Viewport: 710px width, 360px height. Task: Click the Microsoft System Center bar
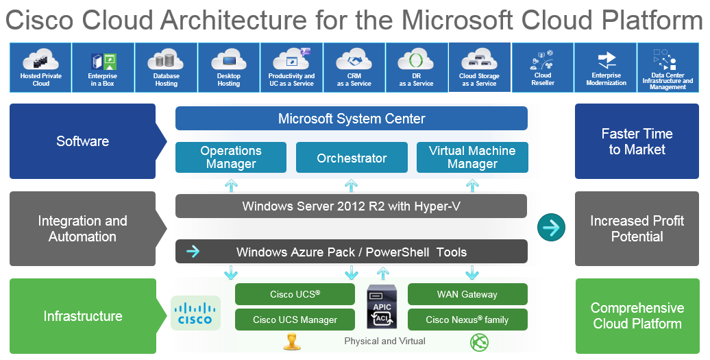[352, 118]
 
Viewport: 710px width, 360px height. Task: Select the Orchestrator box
[352, 158]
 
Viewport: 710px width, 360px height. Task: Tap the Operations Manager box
[231, 158]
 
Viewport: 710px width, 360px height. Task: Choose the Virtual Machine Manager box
[472, 158]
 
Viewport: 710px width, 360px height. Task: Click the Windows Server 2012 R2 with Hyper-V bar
[351, 206]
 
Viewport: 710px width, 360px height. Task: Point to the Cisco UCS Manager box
[295, 320]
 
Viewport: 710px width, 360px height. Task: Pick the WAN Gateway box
[467, 294]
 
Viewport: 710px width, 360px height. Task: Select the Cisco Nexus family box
[467, 320]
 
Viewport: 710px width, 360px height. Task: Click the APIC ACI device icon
[382, 307]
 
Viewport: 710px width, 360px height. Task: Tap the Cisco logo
[195, 313]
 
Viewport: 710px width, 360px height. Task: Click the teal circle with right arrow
[551, 228]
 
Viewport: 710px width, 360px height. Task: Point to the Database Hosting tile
[166, 67]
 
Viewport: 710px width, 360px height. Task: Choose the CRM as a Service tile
[354, 67]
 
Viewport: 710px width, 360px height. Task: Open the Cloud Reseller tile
[543, 67]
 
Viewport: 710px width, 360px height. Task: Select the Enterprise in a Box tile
[103, 67]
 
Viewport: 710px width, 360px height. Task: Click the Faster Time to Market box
[637, 141]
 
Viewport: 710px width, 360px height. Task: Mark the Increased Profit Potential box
[637, 228]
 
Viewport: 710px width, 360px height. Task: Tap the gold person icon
[292, 342]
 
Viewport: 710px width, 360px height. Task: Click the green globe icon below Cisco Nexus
[479, 342]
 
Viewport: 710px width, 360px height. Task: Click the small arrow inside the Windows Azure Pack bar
[193, 252]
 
